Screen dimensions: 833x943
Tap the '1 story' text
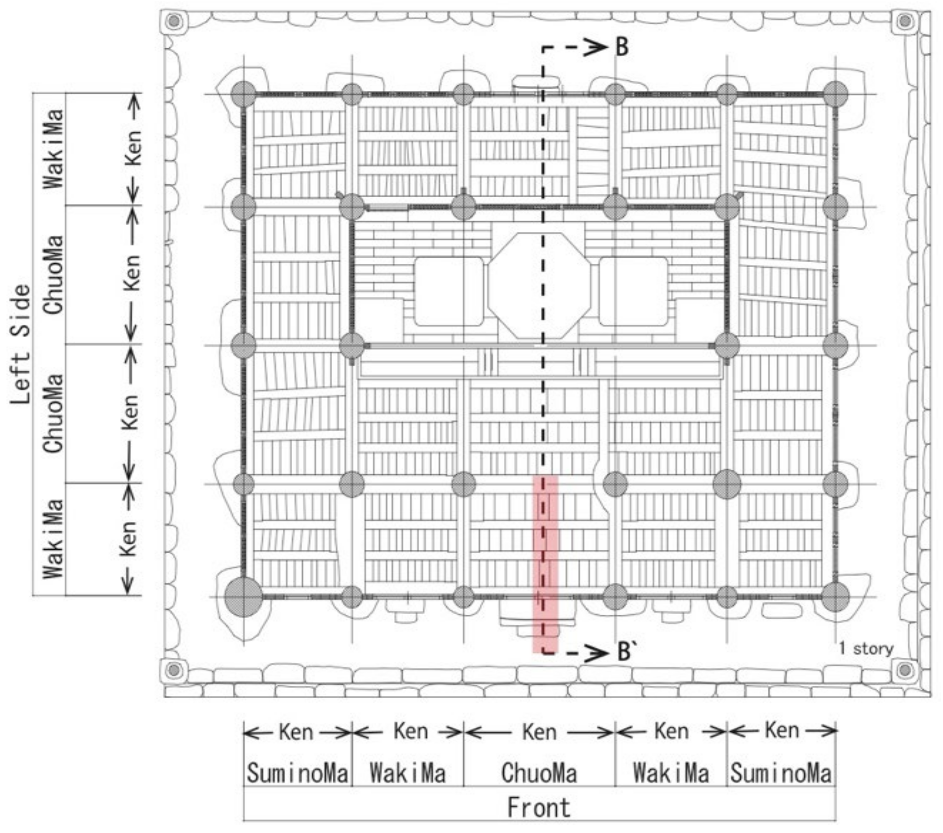(x=866, y=648)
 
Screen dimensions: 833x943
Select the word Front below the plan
(x=539, y=808)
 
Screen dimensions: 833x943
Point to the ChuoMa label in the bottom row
(x=539, y=773)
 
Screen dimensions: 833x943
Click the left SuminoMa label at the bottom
(x=298, y=773)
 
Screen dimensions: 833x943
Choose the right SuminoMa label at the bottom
(x=781, y=773)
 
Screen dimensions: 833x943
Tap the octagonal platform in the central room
(x=539, y=286)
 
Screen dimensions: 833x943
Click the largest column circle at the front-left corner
(x=243, y=596)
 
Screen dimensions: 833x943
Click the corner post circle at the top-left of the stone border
(x=174, y=21)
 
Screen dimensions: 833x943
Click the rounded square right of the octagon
(x=633, y=291)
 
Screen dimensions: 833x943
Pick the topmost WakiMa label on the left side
(x=53, y=148)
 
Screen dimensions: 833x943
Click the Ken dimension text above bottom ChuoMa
(x=539, y=732)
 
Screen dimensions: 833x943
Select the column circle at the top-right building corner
(x=835, y=94)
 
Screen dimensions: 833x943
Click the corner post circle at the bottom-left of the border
(x=174, y=669)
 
